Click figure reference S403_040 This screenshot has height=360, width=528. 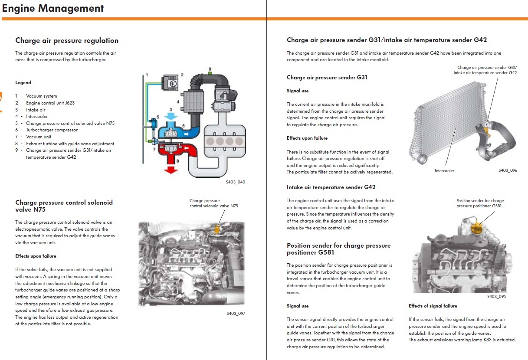[235, 182]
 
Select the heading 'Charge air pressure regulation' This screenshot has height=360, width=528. [67, 41]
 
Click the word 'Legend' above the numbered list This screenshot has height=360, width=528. [23, 82]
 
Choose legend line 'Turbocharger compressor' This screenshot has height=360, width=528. [52, 130]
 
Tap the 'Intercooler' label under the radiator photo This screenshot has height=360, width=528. [444, 171]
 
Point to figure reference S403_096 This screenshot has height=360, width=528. [508, 170]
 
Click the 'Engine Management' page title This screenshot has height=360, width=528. [53, 8]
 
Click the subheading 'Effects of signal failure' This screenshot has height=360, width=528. [433, 306]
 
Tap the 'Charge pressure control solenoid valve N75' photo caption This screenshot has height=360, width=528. [213, 203]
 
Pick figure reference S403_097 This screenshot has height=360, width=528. [236, 313]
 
